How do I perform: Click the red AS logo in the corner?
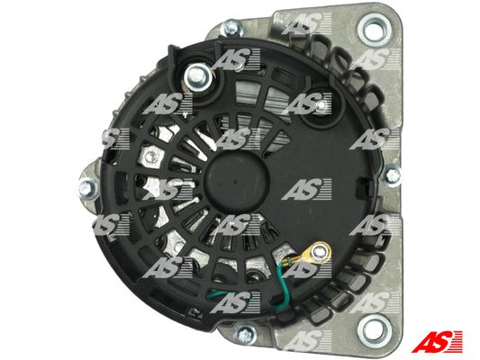tap(438, 341)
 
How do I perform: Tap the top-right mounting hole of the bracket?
tap(375, 31)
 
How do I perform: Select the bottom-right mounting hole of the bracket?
tap(375, 330)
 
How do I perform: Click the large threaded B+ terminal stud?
tap(198, 77)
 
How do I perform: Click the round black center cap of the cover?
tap(236, 182)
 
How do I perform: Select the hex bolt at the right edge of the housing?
tap(393, 175)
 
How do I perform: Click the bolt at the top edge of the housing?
tap(231, 28)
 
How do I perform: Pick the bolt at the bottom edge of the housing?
tap(246, 333)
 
